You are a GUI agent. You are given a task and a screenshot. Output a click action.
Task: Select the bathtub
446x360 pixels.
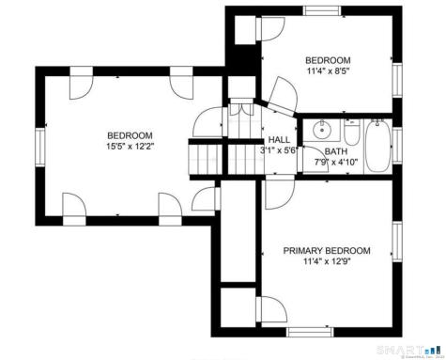[377, 147]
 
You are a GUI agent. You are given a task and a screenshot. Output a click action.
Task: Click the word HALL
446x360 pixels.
[279, 139]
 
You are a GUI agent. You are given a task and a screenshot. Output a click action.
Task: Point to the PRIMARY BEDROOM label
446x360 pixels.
[327, 251]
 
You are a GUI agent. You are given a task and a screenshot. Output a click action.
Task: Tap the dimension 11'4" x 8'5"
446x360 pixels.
[326, 69]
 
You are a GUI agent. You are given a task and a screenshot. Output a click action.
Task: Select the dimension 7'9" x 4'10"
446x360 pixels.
[335, 162]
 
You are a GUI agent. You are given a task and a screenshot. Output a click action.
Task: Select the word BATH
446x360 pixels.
[335, 151]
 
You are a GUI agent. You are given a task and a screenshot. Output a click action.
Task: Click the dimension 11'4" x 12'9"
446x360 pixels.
[326, 262]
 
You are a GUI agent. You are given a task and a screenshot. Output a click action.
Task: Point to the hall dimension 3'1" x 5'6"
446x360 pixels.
[279, 149]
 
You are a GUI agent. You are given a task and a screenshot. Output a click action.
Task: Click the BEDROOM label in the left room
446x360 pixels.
[130, 134]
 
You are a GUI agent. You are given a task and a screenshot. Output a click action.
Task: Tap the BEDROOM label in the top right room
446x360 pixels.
[326, 57]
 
